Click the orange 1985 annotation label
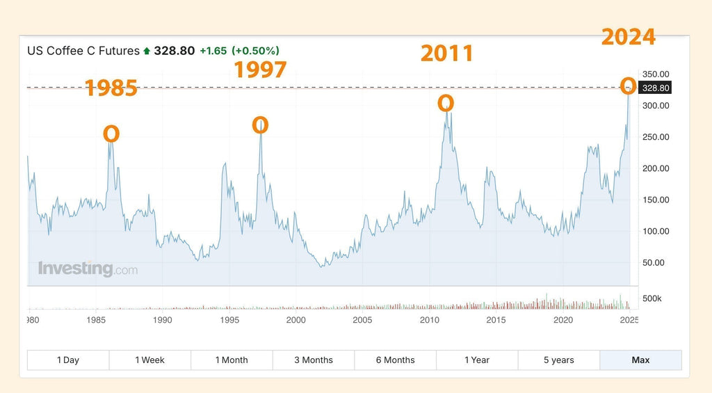(111, 88)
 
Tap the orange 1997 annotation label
(260, 70)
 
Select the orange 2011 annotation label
(446, 53)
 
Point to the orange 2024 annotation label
(628, 36)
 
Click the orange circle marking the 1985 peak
(111, 134)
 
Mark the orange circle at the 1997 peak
(260, 125)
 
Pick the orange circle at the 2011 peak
(446, 104)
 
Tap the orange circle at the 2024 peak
(627, 86)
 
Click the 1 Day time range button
(68, 360)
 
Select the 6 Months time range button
(395, 360)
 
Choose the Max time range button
(640, 360)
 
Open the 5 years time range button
(559, 360)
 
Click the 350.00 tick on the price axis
(655, 74)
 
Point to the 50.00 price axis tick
(655, 262)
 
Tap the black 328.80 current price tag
(655, 88)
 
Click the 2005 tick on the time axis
(362, 320)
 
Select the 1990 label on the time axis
(162, 320)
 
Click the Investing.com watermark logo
(88, 268)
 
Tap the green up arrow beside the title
(147, 51)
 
